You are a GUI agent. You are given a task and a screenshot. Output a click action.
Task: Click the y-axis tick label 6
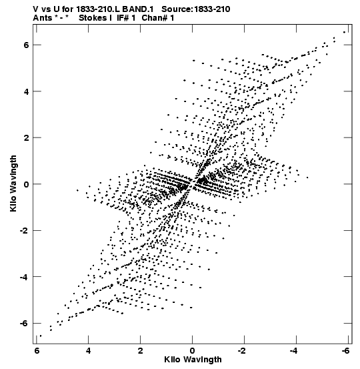click(26, 45)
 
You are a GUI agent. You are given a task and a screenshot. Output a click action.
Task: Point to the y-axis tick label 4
click(26, 91)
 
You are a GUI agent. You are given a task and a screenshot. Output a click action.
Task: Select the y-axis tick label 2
click(26, 137)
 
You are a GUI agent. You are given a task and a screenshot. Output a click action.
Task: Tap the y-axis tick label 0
click(26, 184)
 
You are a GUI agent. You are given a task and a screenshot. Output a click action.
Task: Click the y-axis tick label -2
click(24, 230)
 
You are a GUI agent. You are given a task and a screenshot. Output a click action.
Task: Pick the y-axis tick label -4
click(24, 277)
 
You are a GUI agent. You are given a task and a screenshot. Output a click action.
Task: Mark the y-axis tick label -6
click(24, 323)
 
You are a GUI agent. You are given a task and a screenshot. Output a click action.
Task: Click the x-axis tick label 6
click(37, 350)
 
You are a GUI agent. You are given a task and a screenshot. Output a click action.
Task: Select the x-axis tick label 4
click(89, 350)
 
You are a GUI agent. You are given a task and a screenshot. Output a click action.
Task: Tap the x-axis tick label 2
click(141, 350)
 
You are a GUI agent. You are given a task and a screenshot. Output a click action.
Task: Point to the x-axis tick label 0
click(193, 350)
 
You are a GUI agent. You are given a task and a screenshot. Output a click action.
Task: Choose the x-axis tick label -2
click(242, 350)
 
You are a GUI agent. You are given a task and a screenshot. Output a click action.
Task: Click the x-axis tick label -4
click(294, 350)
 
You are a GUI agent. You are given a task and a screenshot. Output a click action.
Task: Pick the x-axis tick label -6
click(345, 350)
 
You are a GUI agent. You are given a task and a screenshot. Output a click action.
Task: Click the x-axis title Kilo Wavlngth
click(193, 360)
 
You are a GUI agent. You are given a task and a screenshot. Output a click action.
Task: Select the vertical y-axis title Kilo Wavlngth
click(13, 183)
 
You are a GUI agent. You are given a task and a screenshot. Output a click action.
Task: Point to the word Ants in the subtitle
click(43, 18)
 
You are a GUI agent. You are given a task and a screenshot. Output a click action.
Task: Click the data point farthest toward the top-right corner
click(345, 32)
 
